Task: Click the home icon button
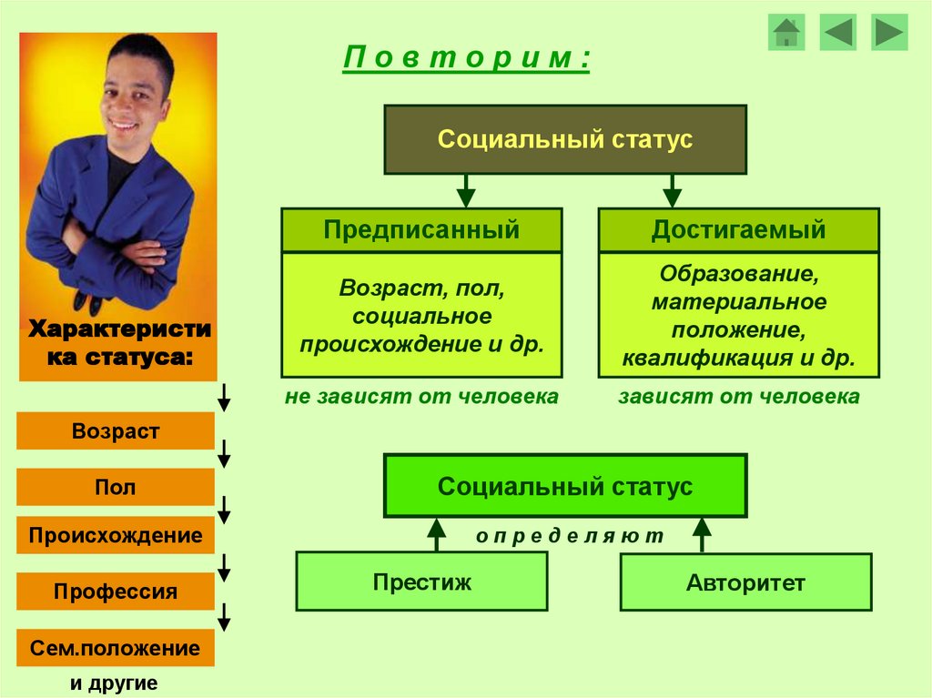point(786,32)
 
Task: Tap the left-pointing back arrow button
point(838,32)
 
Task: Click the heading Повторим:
point(467,58)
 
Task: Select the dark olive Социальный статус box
point(565,140)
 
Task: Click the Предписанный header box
point(421,230)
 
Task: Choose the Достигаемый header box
point(739,230)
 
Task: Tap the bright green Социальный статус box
point(565,486)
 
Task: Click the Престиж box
point(422,582)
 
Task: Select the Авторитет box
point(746,582)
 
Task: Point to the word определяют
point(570,536)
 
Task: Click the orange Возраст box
point(116,431)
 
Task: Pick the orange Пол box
point(116,487)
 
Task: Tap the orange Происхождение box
point(116,535)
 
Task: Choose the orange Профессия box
point(116,592)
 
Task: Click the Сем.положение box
point(116,648)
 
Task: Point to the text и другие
point(114,683)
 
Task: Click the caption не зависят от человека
point(421,397)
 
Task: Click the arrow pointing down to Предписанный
point(466,191)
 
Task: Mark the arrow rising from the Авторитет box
point(702,535)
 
